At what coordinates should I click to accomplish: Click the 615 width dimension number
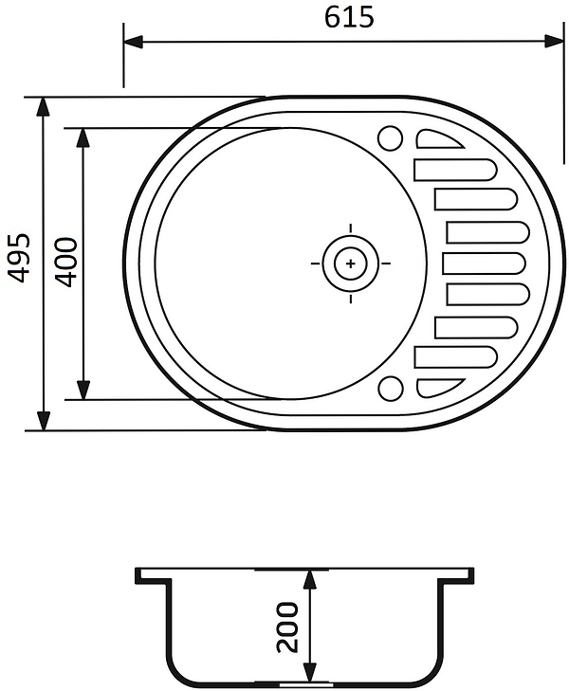pos(349,18)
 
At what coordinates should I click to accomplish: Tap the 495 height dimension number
pos(19,258)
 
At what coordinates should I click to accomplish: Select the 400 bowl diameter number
pos(66,263)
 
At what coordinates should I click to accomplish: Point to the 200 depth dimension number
pos(286,627)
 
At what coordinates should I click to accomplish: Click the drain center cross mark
pos(350,264)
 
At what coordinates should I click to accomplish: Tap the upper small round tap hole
pos(390,138)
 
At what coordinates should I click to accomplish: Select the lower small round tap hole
pos(391,389)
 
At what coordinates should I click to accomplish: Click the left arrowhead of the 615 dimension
pos(133,43)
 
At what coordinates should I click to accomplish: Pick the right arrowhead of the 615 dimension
pos(554,42)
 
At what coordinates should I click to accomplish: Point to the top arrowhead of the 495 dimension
pos(43,107)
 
